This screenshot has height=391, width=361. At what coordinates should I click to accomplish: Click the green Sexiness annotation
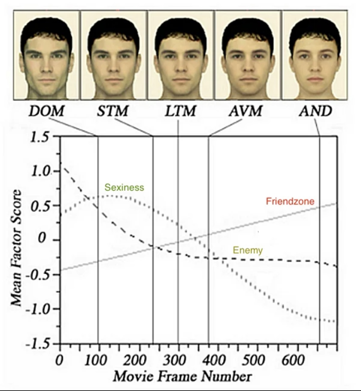click(x=124, y=187)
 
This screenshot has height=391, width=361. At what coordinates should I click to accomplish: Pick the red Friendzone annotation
click(x=290, y=201)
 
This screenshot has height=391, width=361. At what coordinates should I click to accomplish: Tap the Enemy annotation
click(x=248, y=251)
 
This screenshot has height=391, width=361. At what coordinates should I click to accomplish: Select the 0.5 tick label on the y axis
click(x=40, y=206)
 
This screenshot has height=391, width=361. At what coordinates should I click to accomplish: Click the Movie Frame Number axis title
click(x=182, y=376)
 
